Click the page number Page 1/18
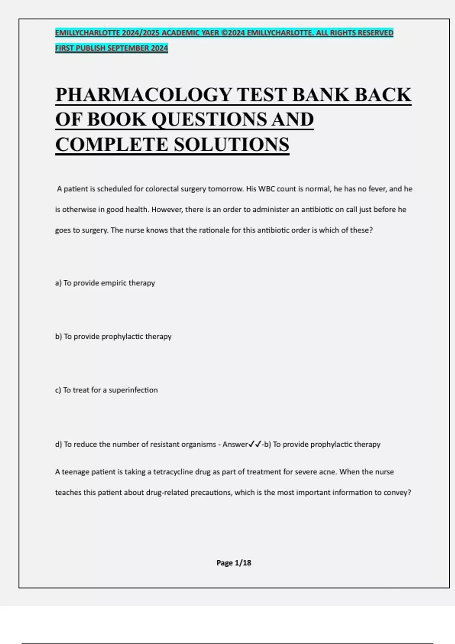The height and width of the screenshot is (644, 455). [x=234, y=563]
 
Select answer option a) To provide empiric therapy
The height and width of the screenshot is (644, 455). [x=105, y=283]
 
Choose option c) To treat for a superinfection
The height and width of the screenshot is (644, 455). [x=106, y=390]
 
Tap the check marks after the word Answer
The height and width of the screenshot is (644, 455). [x=255, y=444]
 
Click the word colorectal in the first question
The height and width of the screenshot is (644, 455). [x=162, y=189]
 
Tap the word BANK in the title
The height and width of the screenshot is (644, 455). [x=320, y=95]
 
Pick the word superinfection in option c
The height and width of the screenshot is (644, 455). [x=133, y=390]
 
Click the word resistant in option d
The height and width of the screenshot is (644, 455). [x=165, y=444]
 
